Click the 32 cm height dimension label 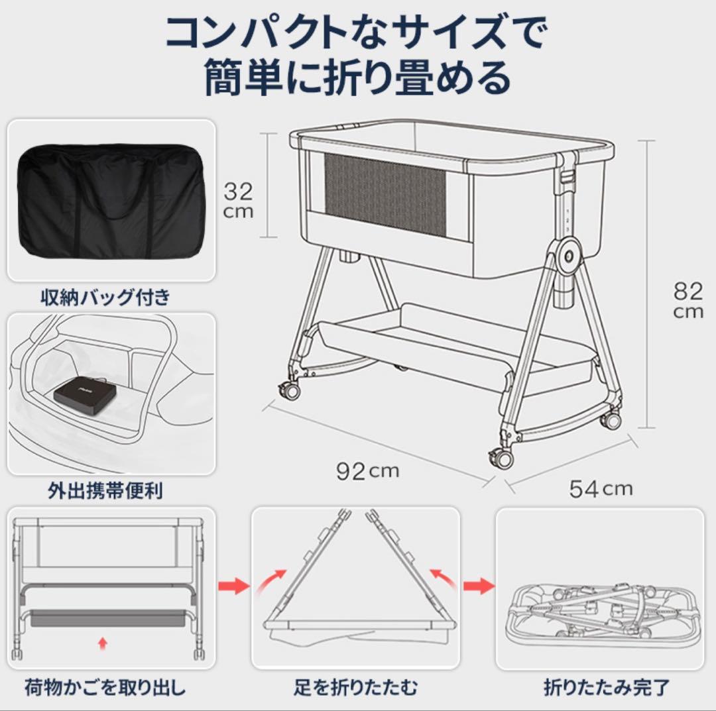[x=238, y=200]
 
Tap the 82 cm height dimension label [x=687, y=300]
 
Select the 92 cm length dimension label [x=367, y=470]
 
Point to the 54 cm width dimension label [x=601, y=488]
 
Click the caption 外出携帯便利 [x=105, y=490]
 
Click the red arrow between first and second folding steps [x=233, y=586]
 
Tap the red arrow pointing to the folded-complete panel [x=478, y=586]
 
